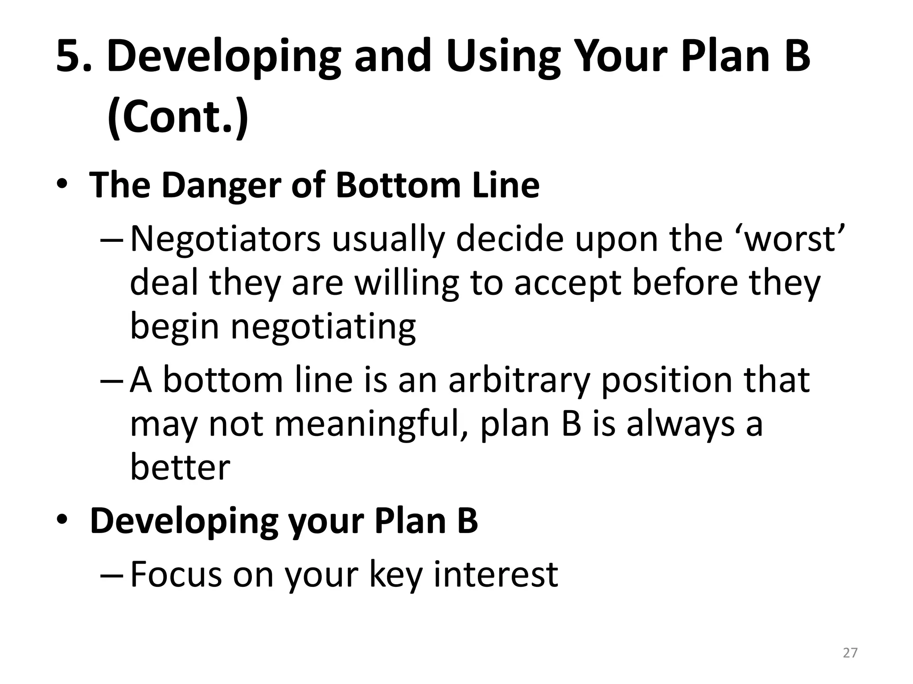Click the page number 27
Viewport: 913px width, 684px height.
pyautogui.click(x=850, y=653)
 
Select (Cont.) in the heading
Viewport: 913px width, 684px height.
pyautogui.click(x=177, y=117)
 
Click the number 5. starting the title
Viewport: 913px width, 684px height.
pyautogui.click(x=74, y=56)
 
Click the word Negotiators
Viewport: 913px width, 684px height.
pyautogui.click(x=225, y=239)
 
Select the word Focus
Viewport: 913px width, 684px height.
pyautogui.click(x=176, y=574)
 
